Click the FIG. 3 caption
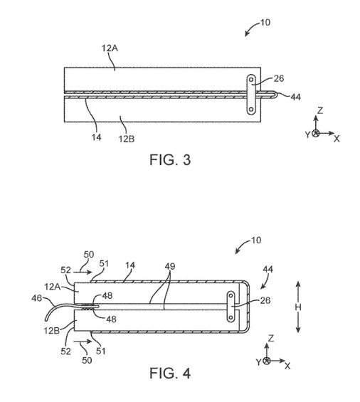[170, 159]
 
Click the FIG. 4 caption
[170, 373]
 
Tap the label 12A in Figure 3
[110, 48]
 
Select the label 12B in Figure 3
[127, 139]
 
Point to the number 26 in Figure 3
[279, 78]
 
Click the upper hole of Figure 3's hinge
[251, 79]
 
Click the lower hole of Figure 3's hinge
[251, 110]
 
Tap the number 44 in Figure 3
[295, 97]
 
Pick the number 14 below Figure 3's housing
[97, 137]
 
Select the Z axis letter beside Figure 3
[320, 110]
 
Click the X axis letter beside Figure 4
[287, 366]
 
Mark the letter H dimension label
[298, 307]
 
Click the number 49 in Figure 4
[170, 266]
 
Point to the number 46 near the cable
[37, 298]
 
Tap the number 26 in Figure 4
[265, 300]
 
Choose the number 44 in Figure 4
[268, 269]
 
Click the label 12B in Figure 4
[51, 330]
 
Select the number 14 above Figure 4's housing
[130, 265]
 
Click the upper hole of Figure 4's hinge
[231, 296]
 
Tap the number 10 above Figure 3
[265, 23]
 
